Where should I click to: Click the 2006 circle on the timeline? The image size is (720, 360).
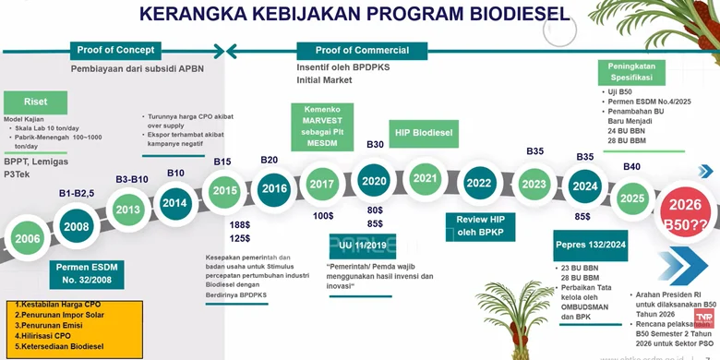pos(28,238)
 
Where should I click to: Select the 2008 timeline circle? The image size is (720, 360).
pos(77,226)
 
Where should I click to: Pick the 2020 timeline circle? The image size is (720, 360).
pos(375,181)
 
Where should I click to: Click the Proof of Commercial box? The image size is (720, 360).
pos(362,50)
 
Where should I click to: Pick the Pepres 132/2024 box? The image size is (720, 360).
pos(592,246)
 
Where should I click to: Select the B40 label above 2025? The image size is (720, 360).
pos(631,166)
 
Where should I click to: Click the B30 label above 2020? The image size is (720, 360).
pos(375,144)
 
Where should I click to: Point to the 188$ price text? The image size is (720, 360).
pos(240,224)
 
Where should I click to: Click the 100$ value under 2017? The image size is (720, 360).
pos(323,215)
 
